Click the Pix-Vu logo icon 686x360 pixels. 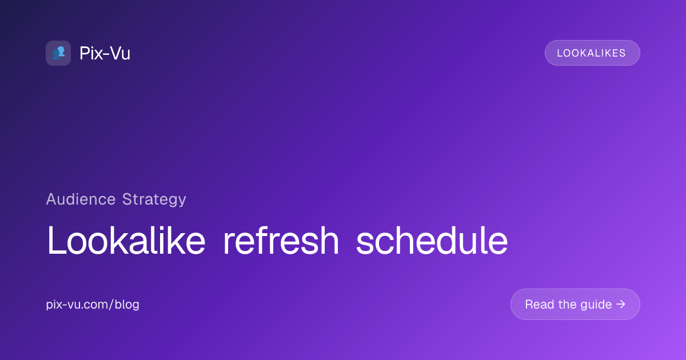point(58,53)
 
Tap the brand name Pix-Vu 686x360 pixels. point(105,53)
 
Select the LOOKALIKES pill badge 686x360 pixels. point(592,53)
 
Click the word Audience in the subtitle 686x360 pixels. point(81,199)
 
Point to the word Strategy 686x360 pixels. point(154,200)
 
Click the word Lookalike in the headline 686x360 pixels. point(126,240)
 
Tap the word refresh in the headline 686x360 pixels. point(281,240)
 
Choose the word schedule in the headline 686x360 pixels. point(432,240)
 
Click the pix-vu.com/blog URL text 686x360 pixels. point(93,305)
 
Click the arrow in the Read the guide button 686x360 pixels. point(621,304)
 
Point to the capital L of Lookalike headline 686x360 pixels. point(56,240)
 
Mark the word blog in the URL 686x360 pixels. point(127,305)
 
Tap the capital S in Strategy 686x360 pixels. point(127,199)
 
